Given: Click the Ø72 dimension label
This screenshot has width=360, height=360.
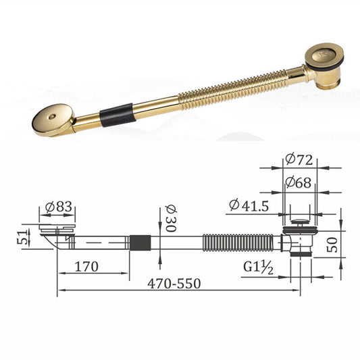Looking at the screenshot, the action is point(299,159).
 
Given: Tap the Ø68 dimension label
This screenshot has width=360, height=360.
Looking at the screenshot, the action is point(299,183).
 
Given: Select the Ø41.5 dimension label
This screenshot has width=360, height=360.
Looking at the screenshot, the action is point(249,205).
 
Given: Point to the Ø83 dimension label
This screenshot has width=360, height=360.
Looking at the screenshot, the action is point(59,207).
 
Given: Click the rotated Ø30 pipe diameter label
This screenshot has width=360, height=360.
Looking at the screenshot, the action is point(171,218).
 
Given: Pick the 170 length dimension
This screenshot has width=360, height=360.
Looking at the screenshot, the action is point(86,267).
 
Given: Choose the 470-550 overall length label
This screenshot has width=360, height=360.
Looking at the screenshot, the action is point(174,284).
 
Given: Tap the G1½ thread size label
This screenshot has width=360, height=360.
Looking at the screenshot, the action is point(258,267).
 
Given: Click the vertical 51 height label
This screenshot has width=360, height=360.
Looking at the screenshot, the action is point(22,238).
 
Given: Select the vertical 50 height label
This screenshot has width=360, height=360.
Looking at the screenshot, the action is point(332,245).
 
